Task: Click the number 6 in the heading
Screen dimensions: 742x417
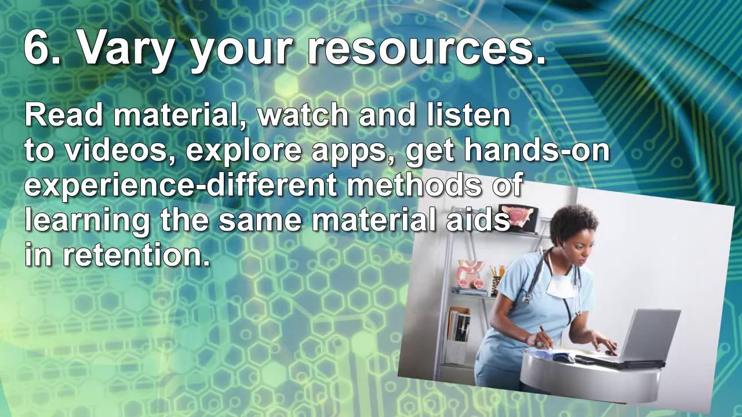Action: pos(37,47)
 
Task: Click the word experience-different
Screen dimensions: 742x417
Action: pos(181,186)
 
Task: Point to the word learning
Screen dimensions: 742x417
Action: pos(88,222)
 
